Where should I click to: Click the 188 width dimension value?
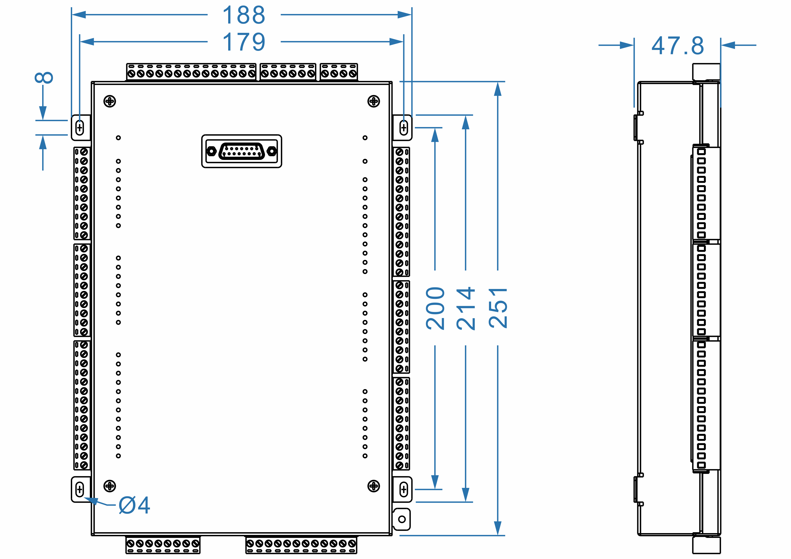(244, 15)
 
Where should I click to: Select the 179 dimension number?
(244, 42)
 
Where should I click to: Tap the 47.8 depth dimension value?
(677, 45)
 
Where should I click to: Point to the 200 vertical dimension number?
(435, 308)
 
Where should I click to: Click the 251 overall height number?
(498, 308)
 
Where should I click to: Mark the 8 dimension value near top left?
(44, 78)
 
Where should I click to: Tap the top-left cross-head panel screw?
(110, 101)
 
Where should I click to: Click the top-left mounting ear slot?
(80, 128)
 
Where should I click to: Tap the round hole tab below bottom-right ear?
(402, 519)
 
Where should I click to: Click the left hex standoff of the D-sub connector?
(211, 151)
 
